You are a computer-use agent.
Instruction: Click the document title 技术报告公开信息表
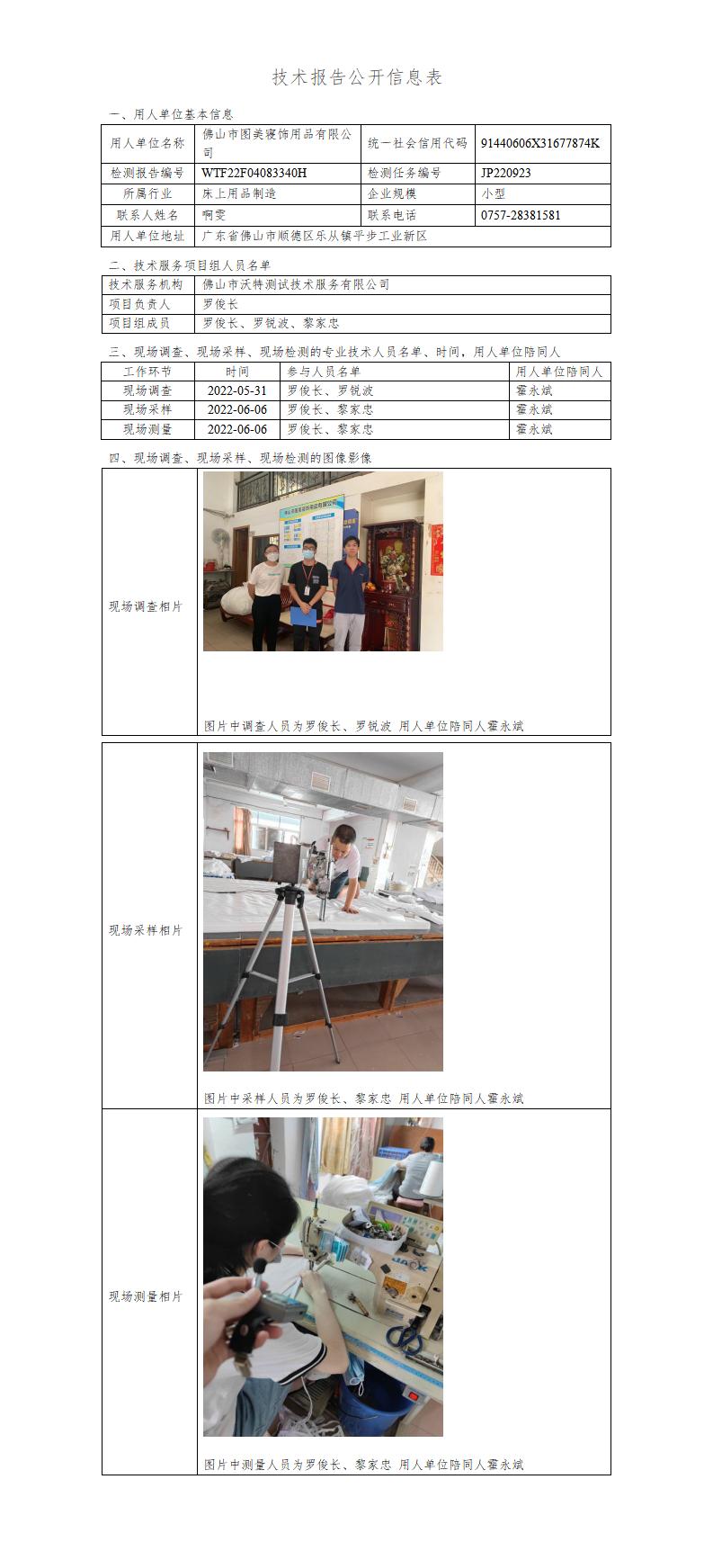point(356,77)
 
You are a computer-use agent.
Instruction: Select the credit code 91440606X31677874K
point(540,143)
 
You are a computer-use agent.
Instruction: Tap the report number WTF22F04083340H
point(254,173)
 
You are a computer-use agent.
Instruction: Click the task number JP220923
point(506,173)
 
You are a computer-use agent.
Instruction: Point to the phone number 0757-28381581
point(521,215)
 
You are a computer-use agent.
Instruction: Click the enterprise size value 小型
point(493,193)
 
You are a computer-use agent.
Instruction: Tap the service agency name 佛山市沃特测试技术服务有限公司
point(296,284)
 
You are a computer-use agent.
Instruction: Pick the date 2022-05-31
point(236,390)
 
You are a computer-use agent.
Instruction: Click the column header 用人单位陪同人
point(559,372)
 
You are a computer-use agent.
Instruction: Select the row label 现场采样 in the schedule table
point(147,409)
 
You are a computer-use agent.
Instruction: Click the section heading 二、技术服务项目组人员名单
point(190,265)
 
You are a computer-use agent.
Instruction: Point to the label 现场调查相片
point(146,606)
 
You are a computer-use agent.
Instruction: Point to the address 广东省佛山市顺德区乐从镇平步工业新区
point(315,236)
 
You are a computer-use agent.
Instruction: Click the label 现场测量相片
point(146,1296)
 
